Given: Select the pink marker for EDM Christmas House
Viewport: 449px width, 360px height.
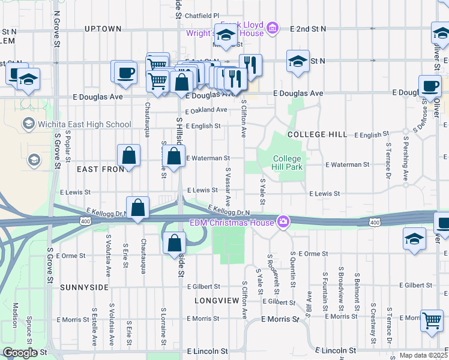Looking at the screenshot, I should click(283, 223).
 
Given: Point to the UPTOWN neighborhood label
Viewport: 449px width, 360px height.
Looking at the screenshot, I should click(103, 28).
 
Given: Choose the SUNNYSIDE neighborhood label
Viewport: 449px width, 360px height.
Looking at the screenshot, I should click(84, 287).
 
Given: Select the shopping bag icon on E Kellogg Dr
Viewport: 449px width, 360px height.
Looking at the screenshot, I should click(138, 208).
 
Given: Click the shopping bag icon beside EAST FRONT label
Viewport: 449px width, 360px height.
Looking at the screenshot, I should click(129, 156).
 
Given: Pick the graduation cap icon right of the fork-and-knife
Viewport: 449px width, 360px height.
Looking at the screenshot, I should click(298, 62).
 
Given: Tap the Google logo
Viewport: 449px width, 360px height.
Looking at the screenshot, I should click(20, 353).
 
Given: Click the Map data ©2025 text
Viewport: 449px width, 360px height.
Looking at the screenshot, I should click(423, 355).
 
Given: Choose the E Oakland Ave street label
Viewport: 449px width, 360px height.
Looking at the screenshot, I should click(206, 110).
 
